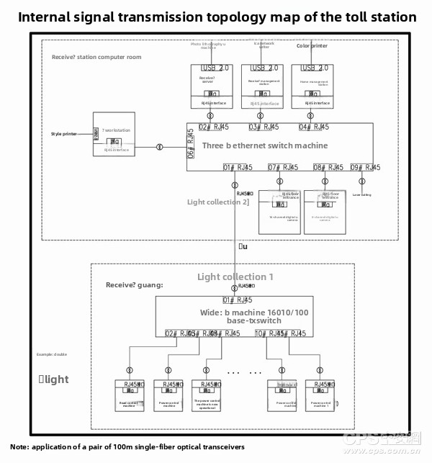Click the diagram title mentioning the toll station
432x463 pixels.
coord(216,17)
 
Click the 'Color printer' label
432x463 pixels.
coord(312,46)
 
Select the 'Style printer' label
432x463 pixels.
coord(64,134)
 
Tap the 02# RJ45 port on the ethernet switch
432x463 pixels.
coord(214,127)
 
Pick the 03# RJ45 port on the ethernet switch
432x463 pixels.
coord(264,127)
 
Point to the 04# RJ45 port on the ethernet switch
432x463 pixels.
coord(313,127)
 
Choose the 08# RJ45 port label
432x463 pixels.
coord(328,168)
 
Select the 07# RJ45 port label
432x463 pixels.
coord(284,168)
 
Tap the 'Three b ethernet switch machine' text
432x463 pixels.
coord(265,145)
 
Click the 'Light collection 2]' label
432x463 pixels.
coord(217,202)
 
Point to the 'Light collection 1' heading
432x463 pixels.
coord(235,277)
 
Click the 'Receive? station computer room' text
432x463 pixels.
coord(96,57)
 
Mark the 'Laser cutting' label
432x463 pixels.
coord(362,194)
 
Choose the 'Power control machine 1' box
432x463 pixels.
coord(319,395)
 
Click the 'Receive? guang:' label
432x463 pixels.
coord(134,285)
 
